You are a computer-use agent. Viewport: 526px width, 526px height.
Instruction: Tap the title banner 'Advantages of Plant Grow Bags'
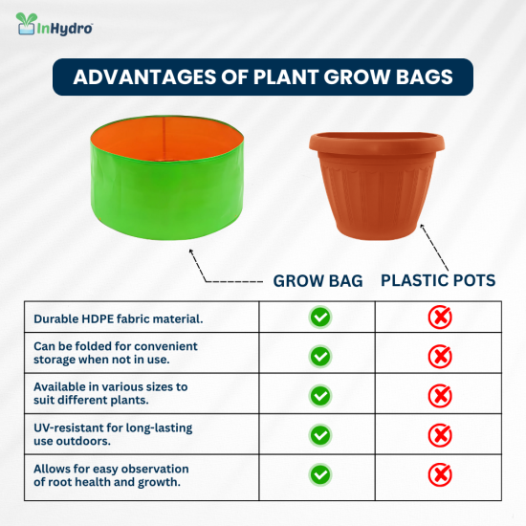click(263, 77)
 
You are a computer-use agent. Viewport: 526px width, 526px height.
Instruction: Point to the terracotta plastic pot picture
click(378, 186)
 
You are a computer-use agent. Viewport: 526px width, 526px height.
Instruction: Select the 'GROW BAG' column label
click(318, 281)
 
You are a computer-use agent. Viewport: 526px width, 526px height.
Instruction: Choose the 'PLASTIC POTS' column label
click(438, 281)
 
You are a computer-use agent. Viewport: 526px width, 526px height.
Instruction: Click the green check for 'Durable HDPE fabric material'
click(320, 318)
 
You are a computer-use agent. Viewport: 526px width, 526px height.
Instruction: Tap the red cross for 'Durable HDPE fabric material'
click(440, 318)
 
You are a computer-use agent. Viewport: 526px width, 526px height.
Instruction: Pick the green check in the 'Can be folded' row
click(320, 357)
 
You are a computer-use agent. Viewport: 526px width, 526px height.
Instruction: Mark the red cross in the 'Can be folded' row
click(440, 357)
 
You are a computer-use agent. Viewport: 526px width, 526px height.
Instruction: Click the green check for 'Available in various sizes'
click(320, 395)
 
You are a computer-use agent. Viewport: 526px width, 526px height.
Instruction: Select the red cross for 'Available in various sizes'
click(440, 395)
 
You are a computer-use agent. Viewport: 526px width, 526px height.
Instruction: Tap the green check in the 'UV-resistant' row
click(320, 434)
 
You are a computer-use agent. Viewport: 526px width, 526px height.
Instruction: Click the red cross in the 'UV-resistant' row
click(440, 434)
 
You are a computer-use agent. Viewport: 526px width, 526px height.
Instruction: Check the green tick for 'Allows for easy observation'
click(320, 473)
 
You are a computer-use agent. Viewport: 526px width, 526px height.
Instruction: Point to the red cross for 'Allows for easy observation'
click(440, 473)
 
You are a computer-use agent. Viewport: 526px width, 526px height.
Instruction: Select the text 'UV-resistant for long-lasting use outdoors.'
click(113, 434)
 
